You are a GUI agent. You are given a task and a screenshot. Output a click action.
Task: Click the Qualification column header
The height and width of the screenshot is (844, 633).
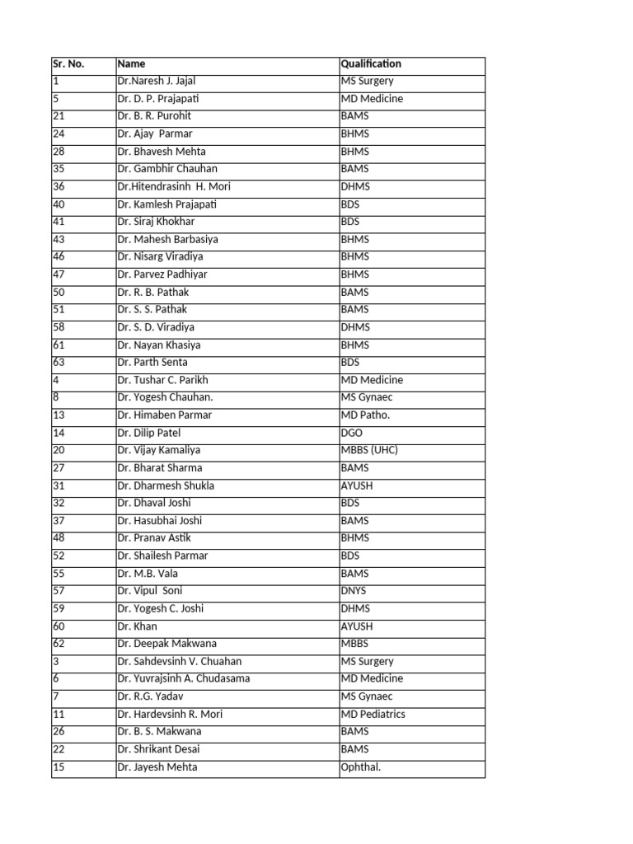coord(371,64)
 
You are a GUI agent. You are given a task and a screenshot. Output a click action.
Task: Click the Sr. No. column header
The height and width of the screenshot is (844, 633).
coord(68,64)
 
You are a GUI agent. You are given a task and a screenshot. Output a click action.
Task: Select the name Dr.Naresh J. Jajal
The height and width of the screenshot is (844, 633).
coord(157,82)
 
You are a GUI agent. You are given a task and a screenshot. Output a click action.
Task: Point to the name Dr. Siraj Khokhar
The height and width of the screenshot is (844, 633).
coord(156,222)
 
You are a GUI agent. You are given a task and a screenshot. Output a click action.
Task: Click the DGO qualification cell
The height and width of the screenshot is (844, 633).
coord(352,433)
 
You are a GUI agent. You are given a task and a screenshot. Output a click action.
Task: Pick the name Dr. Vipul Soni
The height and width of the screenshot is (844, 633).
coord(150,591)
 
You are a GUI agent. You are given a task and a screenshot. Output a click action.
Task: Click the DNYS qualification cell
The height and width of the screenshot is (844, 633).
coord(354,591)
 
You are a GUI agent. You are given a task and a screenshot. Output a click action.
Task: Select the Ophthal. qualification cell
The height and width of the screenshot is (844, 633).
coord(361,767)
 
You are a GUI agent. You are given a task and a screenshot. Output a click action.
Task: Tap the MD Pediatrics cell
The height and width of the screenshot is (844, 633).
coord(373,715)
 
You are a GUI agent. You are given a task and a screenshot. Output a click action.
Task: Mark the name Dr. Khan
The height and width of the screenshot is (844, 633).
coord(137,626)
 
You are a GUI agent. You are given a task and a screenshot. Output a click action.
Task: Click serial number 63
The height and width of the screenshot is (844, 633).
coord(59,363)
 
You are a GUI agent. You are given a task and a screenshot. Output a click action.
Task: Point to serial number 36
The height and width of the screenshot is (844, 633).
coord(59,187)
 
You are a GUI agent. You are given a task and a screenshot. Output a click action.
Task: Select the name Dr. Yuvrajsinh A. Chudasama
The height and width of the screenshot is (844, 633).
coord(184,679)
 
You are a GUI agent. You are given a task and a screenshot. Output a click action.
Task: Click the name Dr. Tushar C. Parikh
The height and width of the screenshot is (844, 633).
coord(162,380)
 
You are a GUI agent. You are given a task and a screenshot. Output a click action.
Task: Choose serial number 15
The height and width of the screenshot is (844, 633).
coord(59,767)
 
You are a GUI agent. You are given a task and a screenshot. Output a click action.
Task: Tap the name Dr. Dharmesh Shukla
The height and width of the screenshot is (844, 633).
coord(166,485)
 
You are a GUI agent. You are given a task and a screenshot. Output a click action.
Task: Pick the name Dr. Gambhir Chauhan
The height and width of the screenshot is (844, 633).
coord(167,169)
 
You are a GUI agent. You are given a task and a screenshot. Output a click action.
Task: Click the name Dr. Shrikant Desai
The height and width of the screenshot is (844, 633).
coord(158,750)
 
